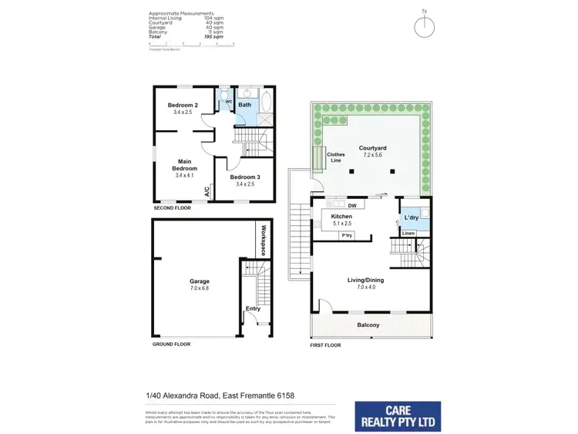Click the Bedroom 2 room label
pos(184,105)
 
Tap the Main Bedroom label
pos(184,164)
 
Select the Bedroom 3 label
pos(245,177)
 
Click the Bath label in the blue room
pos(244,105)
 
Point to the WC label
pos(228,101)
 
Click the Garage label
pos(200,281)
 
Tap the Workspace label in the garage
pos(263,241)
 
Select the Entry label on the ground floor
pos(252,308)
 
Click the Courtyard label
pos(371,147)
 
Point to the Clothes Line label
pos(335,158)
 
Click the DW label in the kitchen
pos(351,206)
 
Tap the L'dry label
pos(411,218)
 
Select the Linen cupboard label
pos(408,233)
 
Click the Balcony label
pos(368,325)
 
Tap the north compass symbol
pos(423,26)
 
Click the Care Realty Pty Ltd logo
pos(398,416)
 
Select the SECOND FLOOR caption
pos(172,208)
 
